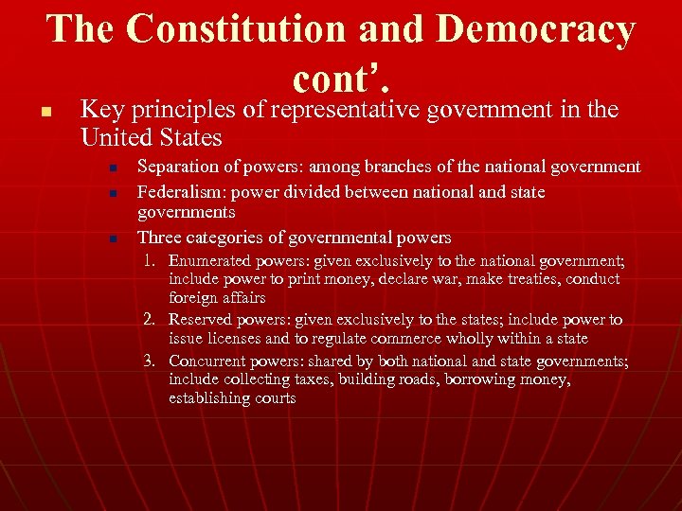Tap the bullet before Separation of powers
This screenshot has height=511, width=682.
pyautogui.click(x=112, y=168)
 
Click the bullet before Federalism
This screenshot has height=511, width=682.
pyautogui.click(x=112, y=193)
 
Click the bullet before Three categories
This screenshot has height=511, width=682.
pyautogui.click(x=112, y=238)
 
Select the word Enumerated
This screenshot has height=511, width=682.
pyautogui.click(x=210, y=261)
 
